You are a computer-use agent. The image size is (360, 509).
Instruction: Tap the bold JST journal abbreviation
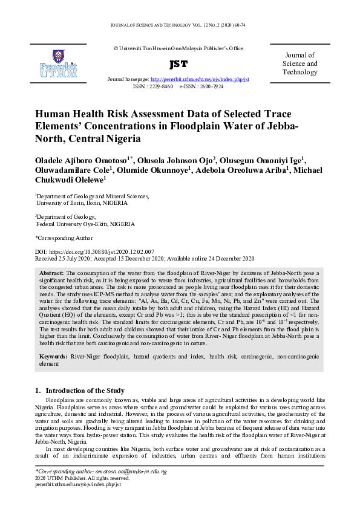coord(178,63)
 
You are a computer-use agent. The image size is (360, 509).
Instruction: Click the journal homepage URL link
coord(199,79)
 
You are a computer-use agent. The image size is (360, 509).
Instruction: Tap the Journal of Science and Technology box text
coord(299,63)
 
